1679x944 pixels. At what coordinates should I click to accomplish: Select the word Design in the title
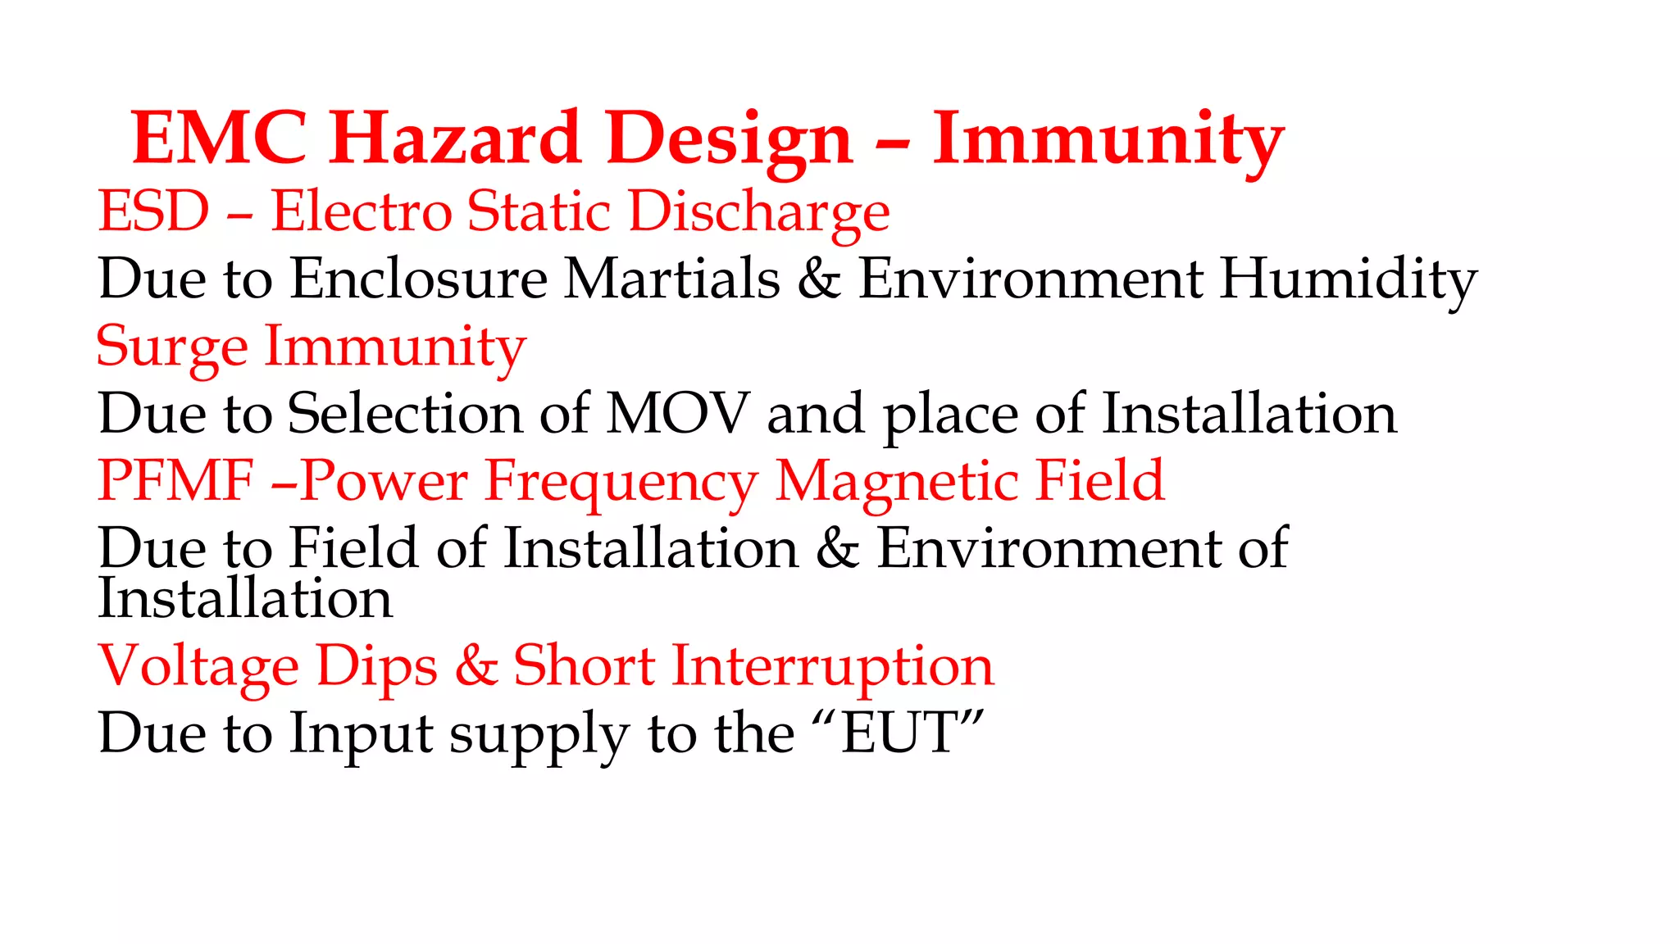click(730, 139)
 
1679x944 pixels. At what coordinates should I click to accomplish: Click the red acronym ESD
click(154, 211)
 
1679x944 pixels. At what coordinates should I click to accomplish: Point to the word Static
click(539, 211)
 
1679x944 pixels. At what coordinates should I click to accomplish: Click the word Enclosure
click(419, 279)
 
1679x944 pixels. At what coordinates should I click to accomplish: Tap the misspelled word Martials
click(672, 279)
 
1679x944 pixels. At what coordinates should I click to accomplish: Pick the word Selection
click(405, 413)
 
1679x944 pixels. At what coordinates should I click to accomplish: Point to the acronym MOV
click(677, 413)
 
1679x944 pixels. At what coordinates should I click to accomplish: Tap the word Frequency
click(621, 482)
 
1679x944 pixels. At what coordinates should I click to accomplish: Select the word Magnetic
click(896, 480)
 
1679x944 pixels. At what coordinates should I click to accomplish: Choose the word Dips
click(377, 665)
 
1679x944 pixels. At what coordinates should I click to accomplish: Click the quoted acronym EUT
click(899, 733)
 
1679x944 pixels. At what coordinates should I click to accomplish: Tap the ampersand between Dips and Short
click(476, 665)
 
